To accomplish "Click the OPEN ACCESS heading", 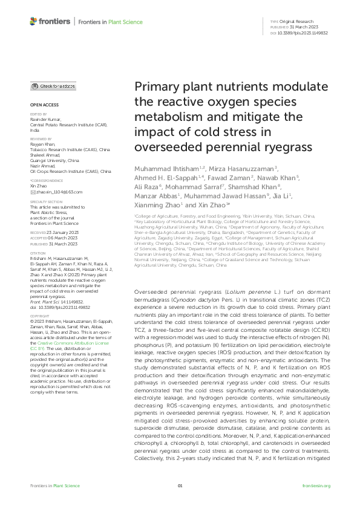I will click(41, 105).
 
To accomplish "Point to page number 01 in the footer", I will click(180, 485).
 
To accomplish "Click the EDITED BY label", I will click(38, 114).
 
